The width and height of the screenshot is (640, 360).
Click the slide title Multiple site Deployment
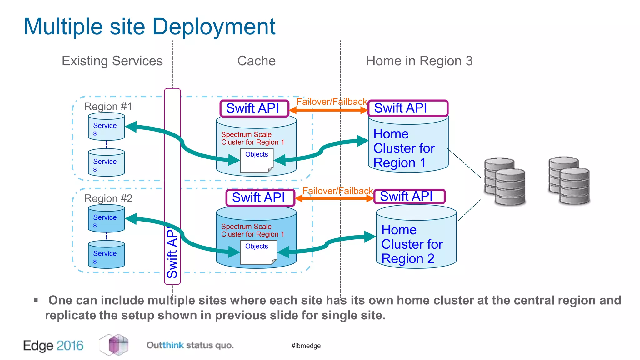[149, 27]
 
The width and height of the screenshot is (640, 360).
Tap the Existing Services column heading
[112, 61]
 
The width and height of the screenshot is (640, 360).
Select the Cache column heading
[256, 61]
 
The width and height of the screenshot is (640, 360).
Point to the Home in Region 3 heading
[419, 61]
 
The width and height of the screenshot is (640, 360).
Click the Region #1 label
[108, 106]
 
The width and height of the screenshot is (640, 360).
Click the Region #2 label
[108, 198]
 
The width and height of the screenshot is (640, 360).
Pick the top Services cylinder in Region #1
[106, 127]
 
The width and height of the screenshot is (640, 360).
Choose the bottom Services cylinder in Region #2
[106, 254]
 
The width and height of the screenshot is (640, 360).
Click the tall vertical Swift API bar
[172, 187]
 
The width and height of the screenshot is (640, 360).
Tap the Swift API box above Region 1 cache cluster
[254, 108]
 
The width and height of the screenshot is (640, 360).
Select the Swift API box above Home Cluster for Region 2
[409, 196]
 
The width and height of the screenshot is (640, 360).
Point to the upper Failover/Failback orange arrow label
[331, 102]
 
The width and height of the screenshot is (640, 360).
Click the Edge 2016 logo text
[53, 346]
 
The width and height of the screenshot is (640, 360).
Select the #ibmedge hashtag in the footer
[306, 346]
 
